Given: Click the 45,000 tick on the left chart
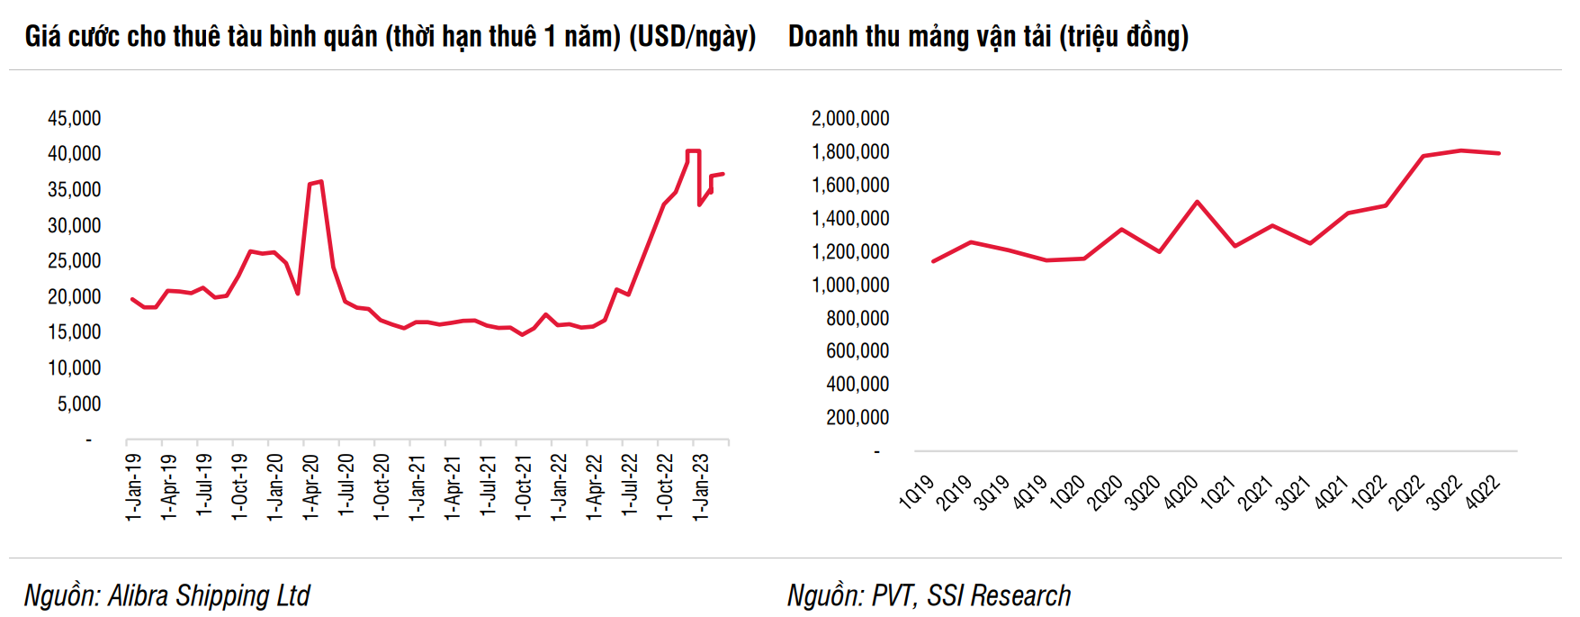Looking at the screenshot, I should pyautogui.click(x=74, y=119).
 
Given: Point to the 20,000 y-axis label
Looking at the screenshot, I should pyautogui.click(x=74, y=297).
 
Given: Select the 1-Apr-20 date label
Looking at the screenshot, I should pyautogui.click(x=311, y=486).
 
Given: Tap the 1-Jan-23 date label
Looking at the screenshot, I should pyautogui.click(x=701, y=486).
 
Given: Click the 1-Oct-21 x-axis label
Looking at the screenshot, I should pyautogui.click(x=524, y=486).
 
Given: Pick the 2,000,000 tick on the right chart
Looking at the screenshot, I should pyautogui.click(x=849, y=119).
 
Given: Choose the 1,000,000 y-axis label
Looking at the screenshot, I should pyautogui.click(x=849, y=286).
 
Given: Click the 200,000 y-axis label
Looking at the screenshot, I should pyautogui.click(x=857, y=418).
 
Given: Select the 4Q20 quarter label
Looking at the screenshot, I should pyautogui.click(x=1181, y=493).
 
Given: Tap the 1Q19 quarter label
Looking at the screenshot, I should pyautogui.click(x=917, y=493).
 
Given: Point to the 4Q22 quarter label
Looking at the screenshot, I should pyautogui.click(x=1483, y=493).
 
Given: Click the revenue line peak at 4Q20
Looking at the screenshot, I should pyautogui.click(x=1197, y=202).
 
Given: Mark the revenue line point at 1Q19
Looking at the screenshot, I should pyautogui.click(x=933, y=261).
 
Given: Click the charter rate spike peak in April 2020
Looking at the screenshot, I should pyautogui.click(x=320, y=182).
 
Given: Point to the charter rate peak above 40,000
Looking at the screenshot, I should pyautogui.click(x=693, y=151).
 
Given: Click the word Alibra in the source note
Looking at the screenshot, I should pyautogui.click(x=139, y=595).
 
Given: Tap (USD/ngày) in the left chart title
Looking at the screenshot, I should pyautogui.click(x=692, y=37).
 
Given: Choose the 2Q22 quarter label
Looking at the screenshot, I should pyautogui.click(x=1406, y=493).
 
